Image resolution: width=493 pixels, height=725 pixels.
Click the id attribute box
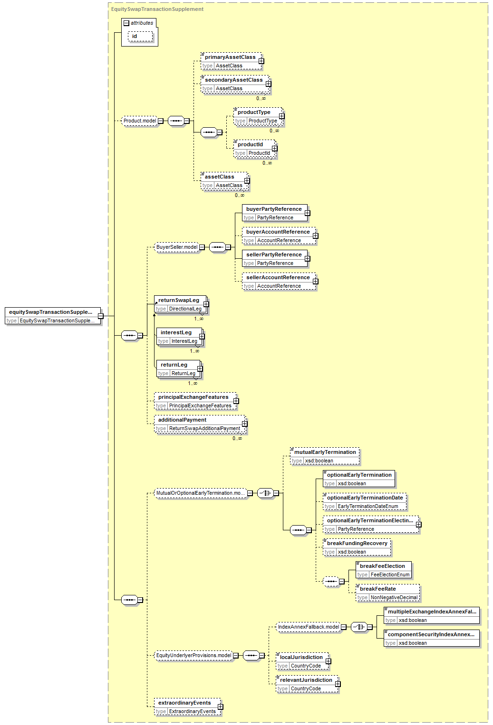coord(140,37)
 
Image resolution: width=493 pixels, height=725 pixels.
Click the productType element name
coord(254,113)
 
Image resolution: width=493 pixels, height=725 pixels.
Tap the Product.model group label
coord(140,121)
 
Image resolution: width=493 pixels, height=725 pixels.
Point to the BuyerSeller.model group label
coord(177,247)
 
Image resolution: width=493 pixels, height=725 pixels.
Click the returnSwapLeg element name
coord(179,301)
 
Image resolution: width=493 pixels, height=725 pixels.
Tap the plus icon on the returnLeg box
coord(200,369)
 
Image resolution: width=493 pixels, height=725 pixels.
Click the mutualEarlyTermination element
coord(325,452)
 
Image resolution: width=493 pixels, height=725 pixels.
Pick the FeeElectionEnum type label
coord(390,575)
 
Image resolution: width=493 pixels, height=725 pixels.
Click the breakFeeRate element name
coord(378,589)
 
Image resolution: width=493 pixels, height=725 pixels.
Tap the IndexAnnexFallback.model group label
coord(309,627)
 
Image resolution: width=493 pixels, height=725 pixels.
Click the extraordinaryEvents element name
coord(184,703)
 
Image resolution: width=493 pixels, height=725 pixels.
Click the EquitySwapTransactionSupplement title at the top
coord(157,9)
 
